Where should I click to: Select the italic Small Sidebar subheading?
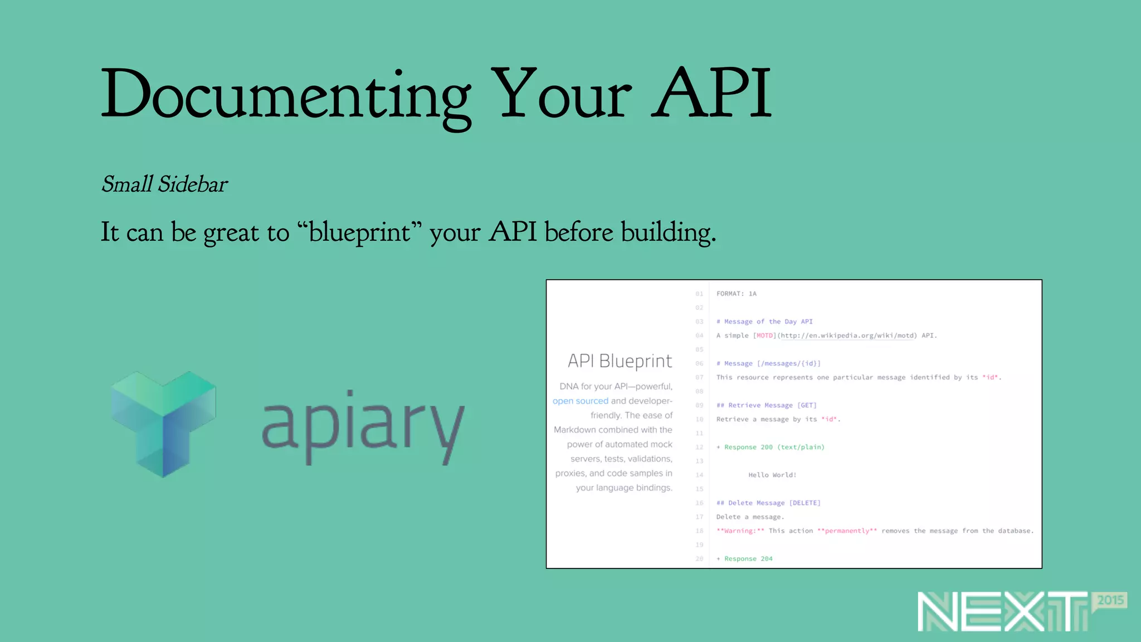(x=164, y=184)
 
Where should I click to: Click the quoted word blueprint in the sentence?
(x=359, y=232)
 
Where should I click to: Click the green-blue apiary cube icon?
(x=163, y=424)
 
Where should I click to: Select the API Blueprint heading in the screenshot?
(x=620, y=361)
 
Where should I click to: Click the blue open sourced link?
(x=580, y=401)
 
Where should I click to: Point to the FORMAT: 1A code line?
(x=736, y=294)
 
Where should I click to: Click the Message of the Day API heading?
(x=764, y=322)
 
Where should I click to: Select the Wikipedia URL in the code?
(x=847, y=335)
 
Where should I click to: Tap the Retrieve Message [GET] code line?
(x=766, y=405)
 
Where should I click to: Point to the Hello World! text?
(x=772, y=475)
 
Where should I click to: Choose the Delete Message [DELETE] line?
(x=768, y=503)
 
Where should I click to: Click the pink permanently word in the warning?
(x=847, y=531)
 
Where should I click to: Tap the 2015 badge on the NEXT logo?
(x=1110, y=600)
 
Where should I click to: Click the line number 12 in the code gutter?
(x=699, y=447)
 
